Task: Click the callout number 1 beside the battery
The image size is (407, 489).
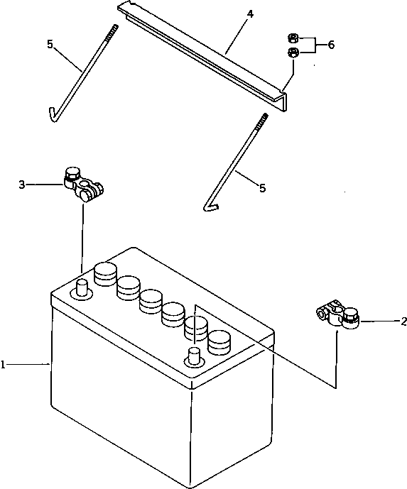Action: pos(4,365)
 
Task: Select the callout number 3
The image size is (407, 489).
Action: pos(22,185)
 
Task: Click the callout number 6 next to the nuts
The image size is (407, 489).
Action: pos(331,45)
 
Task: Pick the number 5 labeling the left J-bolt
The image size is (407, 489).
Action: pos(49,44)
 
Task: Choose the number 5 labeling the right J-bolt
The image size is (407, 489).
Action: pos(262,188)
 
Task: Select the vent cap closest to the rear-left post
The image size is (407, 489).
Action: pos(104,273)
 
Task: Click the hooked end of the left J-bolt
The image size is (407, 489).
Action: pos(53,115)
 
